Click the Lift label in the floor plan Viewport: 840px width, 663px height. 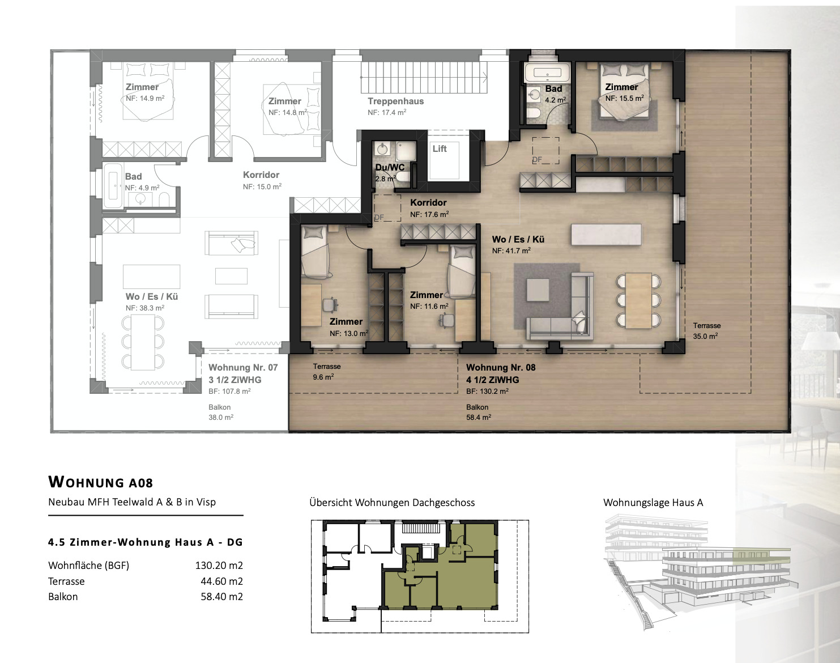click(440, 148)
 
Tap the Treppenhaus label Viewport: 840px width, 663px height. click(395, 101)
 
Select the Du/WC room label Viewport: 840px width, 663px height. click(390, 168)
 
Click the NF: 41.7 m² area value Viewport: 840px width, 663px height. click(511, 250)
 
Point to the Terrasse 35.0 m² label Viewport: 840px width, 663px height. click(706, 331)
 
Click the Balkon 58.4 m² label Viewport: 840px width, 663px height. click(478, 412)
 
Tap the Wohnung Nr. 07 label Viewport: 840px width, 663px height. click(243, 368)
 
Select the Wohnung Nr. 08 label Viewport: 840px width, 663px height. click(501, 368)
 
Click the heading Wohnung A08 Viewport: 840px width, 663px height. click(101, 482)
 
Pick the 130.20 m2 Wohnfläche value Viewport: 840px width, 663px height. click(219, 566)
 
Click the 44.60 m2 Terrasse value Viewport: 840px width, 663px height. click(221, 581)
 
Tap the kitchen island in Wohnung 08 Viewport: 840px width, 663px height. click(606, 235)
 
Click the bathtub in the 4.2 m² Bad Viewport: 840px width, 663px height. click(543, 73)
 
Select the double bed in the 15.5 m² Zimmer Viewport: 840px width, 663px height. click(623, 91)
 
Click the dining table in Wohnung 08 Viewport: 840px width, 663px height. click(638, 300)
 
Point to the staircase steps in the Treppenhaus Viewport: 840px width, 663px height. click(423, 76)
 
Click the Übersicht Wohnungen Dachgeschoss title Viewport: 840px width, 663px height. click(392, 503)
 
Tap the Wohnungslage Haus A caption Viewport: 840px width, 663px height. click(653, 503)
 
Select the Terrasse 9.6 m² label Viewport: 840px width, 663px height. click(326, 372)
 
